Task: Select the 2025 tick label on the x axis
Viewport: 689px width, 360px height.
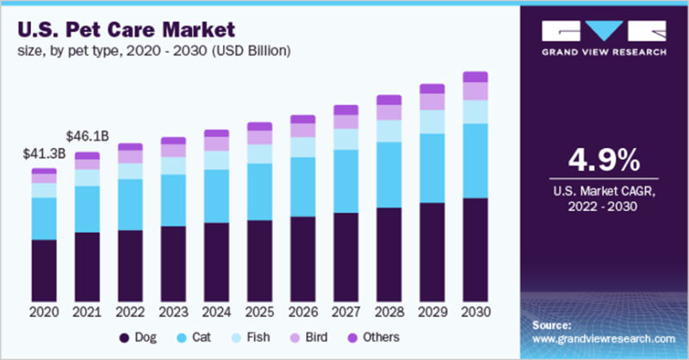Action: tap(259, 311)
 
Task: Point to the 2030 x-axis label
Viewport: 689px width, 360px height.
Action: tap(475, 311)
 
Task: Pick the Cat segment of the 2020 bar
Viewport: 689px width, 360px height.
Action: tap(44, 219)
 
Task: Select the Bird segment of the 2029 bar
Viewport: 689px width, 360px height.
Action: tap(432, 102)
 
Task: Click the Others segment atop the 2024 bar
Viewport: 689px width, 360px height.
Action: tap(216, 133)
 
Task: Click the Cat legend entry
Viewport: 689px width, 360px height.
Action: tap(194, 337)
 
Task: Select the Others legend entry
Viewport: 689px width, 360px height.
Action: tap(373, 337)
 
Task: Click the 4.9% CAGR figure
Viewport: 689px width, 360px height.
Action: tap(603, 160)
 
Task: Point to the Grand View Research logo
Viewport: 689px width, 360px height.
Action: tap(603, 39)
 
